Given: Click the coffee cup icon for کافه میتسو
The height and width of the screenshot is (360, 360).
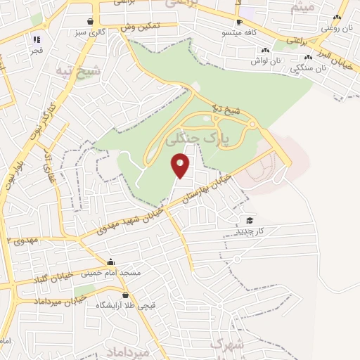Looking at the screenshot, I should pos(238,22).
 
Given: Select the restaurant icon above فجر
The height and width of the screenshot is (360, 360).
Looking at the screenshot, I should pos(37,39).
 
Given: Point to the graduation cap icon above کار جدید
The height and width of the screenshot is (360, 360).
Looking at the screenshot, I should pos(250,220).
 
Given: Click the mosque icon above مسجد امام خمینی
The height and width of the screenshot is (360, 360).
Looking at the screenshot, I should pos(110,262).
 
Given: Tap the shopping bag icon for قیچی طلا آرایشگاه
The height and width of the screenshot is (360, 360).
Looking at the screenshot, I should pos(125,295).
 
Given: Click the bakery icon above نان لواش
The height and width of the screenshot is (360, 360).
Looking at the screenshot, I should pos(265,50).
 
